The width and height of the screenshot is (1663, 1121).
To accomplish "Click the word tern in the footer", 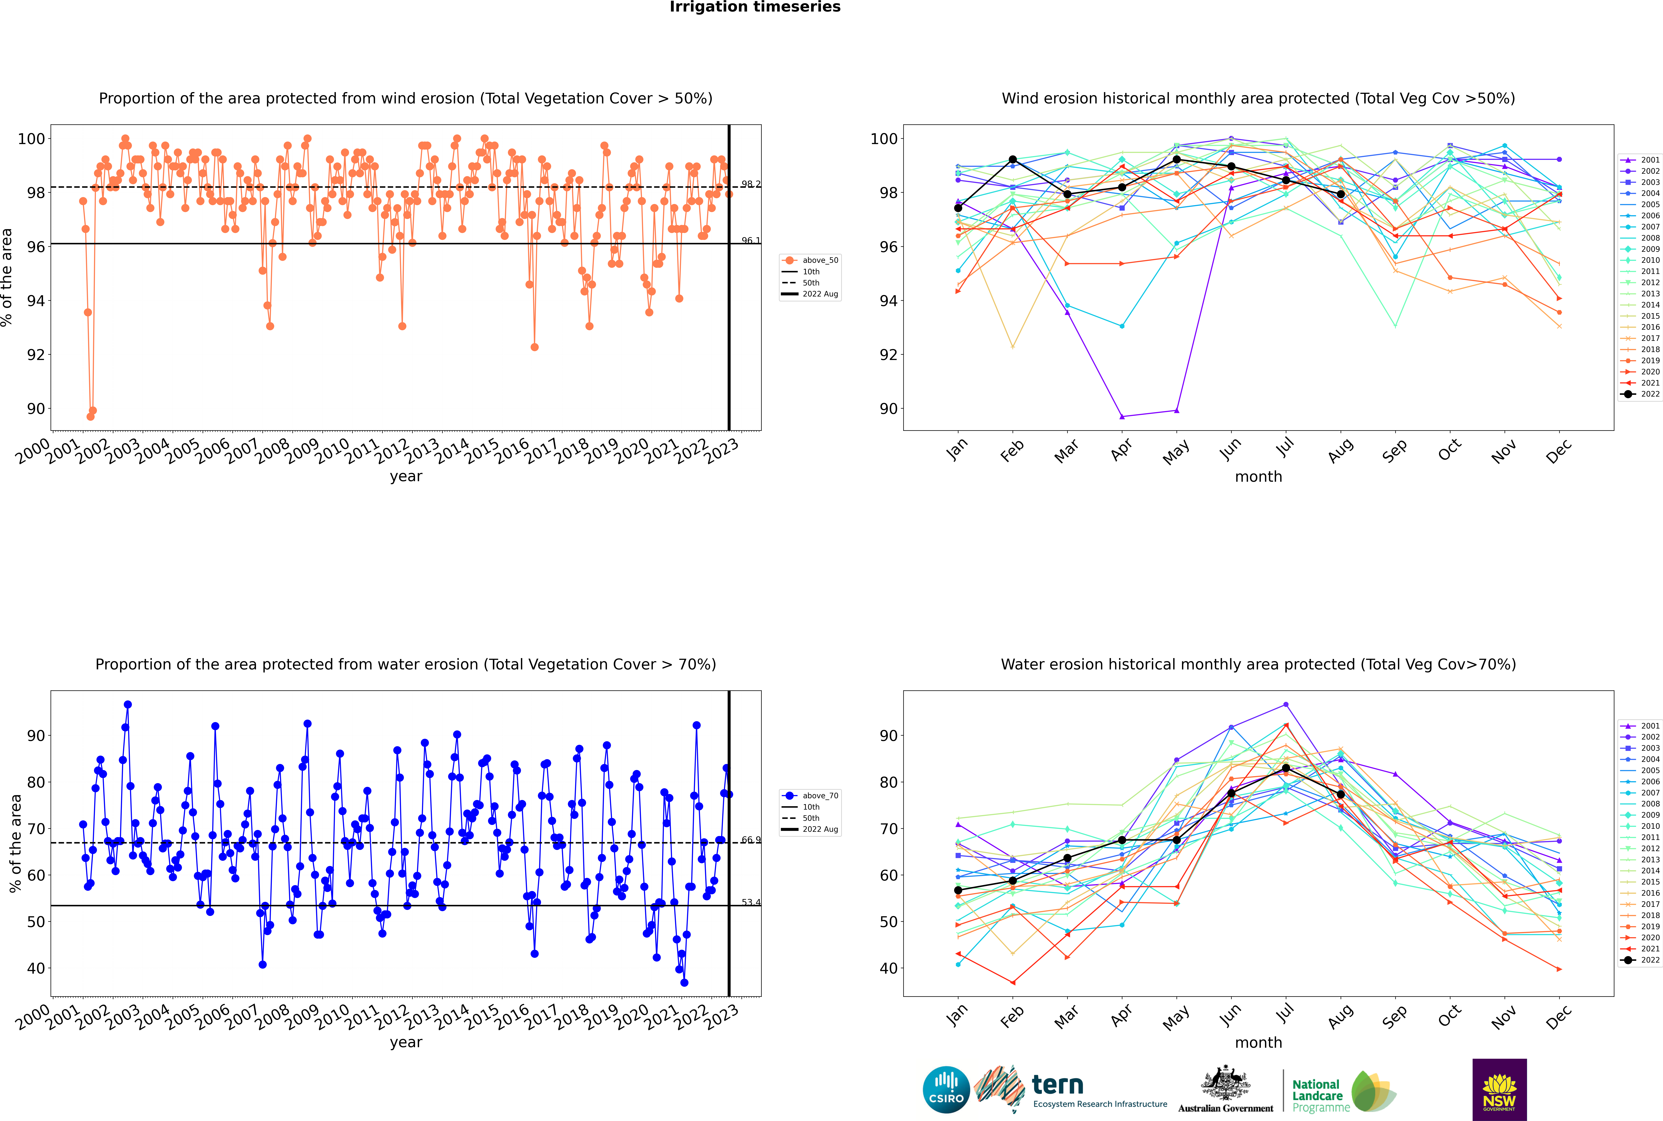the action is tap(1057, 1085).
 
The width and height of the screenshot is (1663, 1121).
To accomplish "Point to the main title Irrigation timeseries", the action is tap(755, 7).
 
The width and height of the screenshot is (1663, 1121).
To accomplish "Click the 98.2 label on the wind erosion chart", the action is tap(751, 185).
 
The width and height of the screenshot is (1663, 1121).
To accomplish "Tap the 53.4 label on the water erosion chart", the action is tap(751, 902).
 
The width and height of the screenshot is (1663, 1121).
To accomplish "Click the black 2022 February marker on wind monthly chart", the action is tap(1012, 160).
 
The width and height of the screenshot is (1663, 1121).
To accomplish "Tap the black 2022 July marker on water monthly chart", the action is tap(1285, 768).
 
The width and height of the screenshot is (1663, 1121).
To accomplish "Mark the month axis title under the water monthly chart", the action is tap(1258, 1042).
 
